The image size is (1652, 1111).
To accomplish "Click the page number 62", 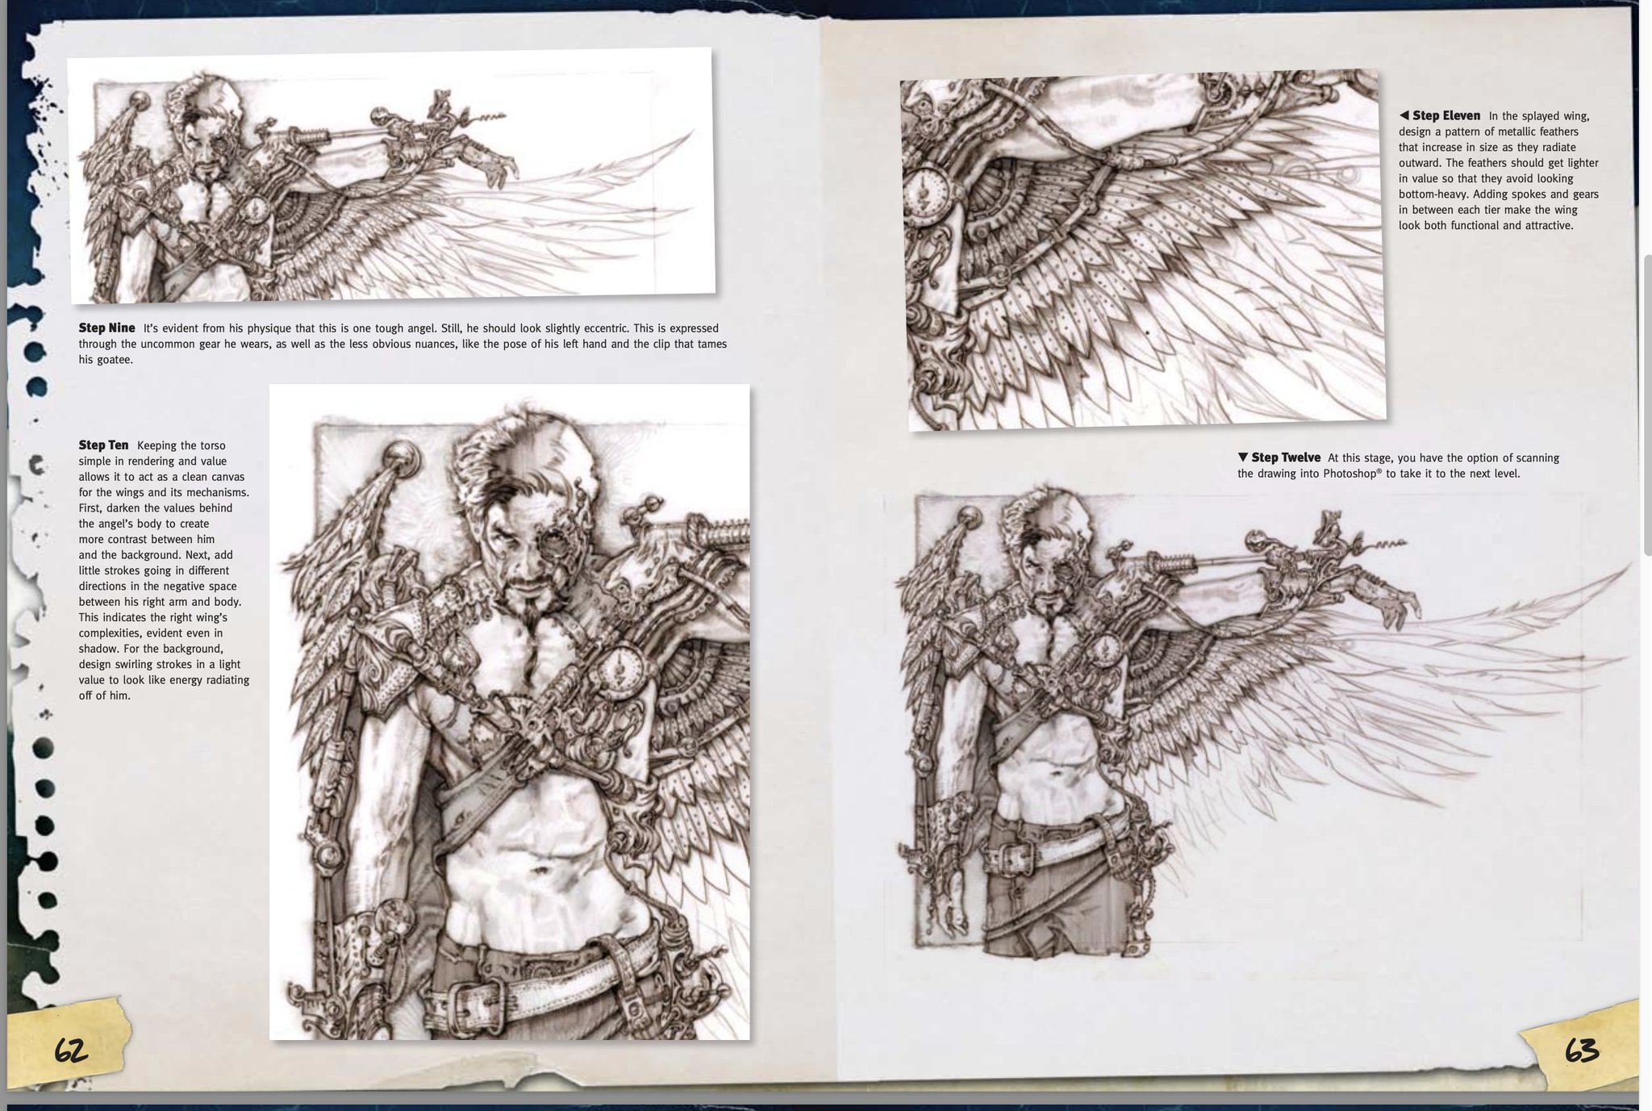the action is coord(71,1050).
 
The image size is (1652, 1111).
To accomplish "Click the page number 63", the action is coord(1582,1050).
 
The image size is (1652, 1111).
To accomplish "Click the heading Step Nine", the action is coord(106,328).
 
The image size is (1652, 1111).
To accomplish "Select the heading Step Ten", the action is coord(103,445).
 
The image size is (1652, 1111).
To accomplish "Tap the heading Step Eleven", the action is coord(1446,115).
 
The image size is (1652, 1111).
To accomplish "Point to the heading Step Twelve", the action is coord(1286,457).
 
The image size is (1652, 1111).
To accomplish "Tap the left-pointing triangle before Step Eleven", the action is coord(1404,115).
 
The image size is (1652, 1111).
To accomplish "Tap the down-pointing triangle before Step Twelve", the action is coord(1243,457).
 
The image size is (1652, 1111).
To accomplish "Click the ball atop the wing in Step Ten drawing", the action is coord(401,458).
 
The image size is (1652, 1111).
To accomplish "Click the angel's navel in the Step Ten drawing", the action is coord(542,871).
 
